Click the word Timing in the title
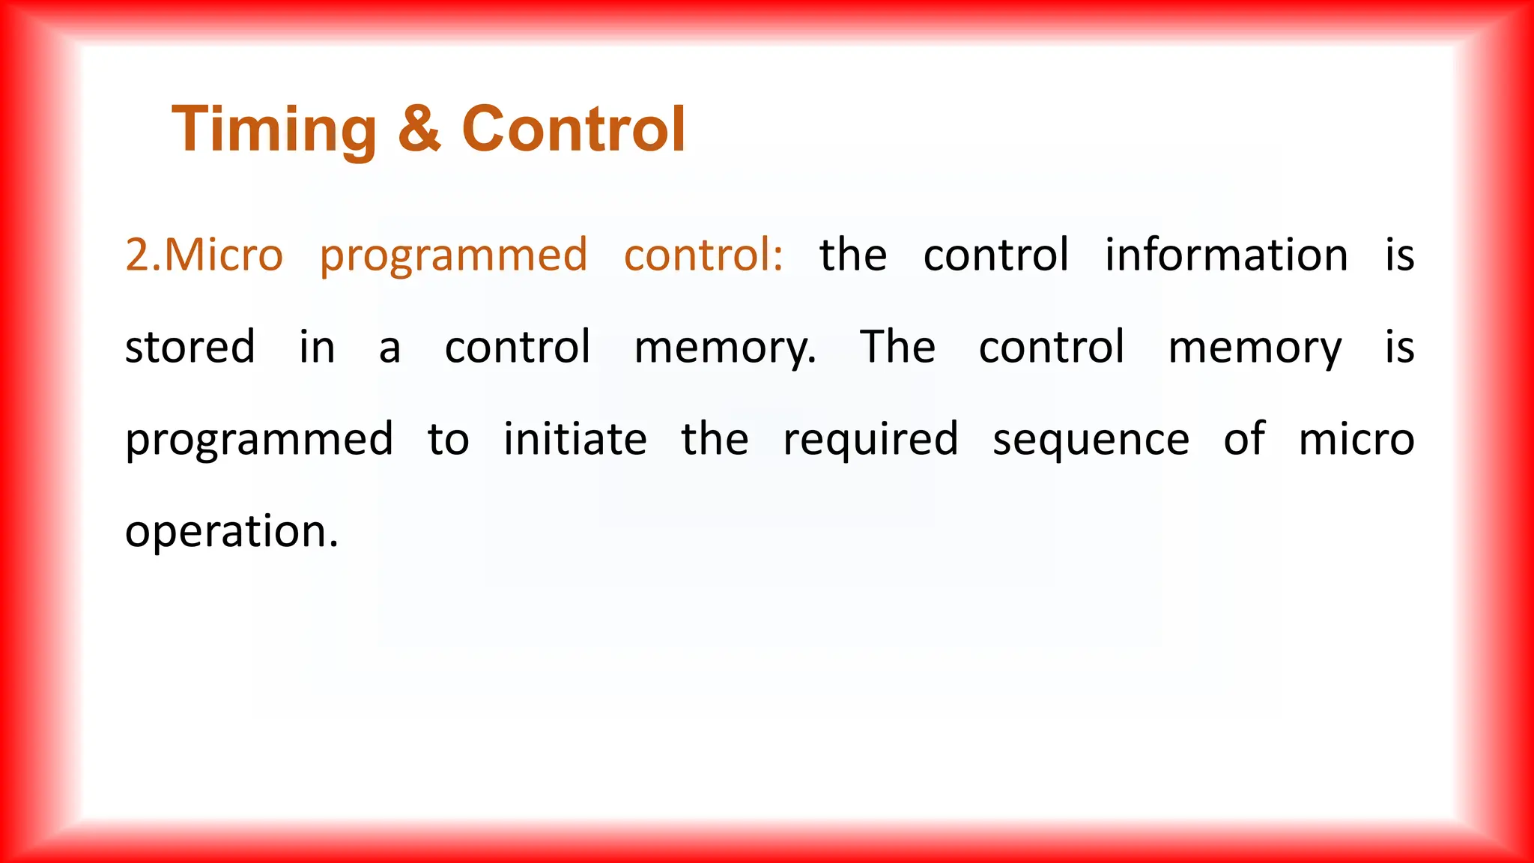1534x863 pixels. tap(274, 130)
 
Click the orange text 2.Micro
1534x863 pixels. tap(204, 255)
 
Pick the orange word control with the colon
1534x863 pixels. tap(703, 255)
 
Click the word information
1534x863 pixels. tap(1226, 255)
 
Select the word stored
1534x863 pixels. tap(190, 347)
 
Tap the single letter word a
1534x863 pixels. tap(389, 348)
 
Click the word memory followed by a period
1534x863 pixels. tap(725, 348)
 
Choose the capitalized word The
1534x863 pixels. tap(897, 347)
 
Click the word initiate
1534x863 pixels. tap(575, 439)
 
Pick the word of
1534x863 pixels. tap(1244, 439)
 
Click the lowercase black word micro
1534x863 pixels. tap(1356, 440)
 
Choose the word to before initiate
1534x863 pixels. tap(448, 440)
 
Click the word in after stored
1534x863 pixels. tap(317, 348)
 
